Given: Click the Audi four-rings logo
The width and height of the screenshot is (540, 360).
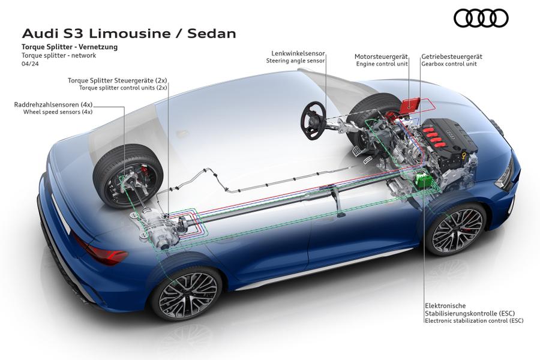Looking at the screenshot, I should (x=481, y=19).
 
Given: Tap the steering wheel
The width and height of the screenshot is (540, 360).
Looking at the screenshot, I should (x=313, y=120).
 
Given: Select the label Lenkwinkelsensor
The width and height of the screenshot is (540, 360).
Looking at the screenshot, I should (x=296, y=53).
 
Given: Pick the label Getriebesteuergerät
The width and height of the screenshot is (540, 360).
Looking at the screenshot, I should (x=452, y=56).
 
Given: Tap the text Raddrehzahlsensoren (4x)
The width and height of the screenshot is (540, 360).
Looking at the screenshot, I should (x=53, y=104).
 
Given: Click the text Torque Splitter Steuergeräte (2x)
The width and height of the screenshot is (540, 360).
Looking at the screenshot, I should (x=117, y=80).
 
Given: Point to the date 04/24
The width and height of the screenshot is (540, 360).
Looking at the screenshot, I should (x=29, y=63).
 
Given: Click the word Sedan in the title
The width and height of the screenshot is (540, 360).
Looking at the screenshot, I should (x=212, y=33).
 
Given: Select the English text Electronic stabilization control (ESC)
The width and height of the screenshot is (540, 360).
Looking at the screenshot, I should (x=474, y=321).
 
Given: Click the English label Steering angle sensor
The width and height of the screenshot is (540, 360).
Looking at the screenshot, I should (x=296, y=61).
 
